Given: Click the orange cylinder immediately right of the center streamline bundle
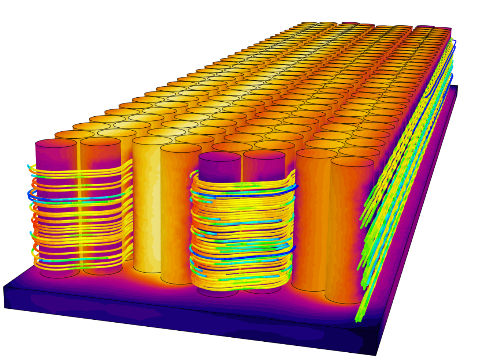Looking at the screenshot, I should pyautogui.click(x=311, y=220).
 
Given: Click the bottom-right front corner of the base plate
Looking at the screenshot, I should pyautogui.click(x=377, y=355).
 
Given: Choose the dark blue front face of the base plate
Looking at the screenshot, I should pyautogui.click(x=183, y=322).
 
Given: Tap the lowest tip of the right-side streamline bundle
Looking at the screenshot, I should pyautogui.click(x=357, y=321).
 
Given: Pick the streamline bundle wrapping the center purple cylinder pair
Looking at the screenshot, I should pyautogui.click(x=241, y=234).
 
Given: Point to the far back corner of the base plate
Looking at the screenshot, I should pyautogui.click(x=457, y=86).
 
